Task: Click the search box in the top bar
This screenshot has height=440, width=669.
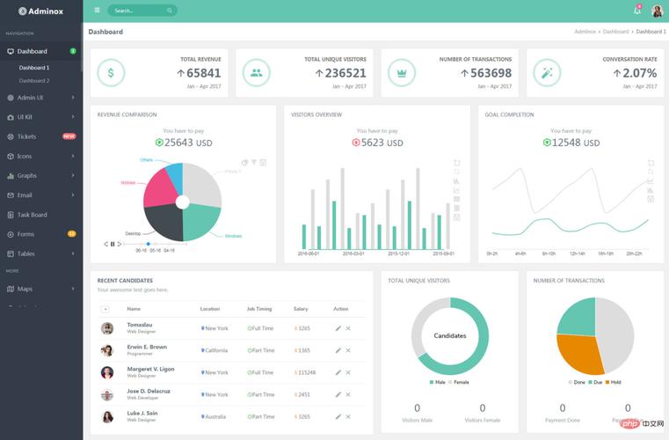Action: click(142, 11)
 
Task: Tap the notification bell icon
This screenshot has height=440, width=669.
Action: click(637, 11)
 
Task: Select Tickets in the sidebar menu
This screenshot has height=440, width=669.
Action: click(27, 136)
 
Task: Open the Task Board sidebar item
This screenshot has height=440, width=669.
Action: click(33, 215)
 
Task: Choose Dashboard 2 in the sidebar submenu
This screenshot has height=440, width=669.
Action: click(34, 81)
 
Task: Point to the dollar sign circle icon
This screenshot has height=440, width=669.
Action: click(111, 73)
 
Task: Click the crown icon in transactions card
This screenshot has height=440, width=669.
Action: click(402, 73)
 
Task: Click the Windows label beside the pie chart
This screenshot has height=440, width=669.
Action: click(233, 236)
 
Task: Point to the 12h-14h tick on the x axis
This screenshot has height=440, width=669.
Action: click(577, 253)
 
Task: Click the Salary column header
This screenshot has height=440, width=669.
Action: click(301, 309)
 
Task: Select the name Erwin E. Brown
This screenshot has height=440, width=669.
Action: click(146, 347)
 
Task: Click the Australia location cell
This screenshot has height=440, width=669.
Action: click(215, 417)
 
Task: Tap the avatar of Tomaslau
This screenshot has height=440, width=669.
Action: click(107, 328)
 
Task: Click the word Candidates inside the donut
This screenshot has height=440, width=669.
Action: click(450, 335)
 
